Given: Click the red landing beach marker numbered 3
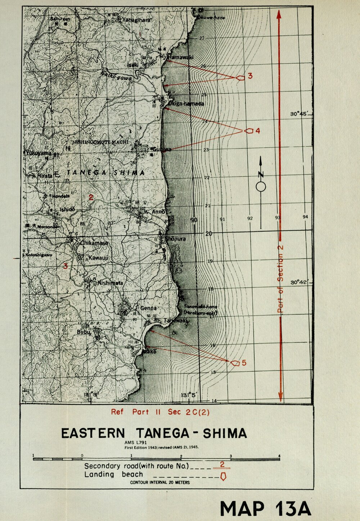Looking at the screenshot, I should coord(240,77).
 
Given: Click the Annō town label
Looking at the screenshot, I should coord(158,211).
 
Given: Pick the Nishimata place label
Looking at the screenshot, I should coord(110,283).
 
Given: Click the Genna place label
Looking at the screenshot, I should coord(148,308).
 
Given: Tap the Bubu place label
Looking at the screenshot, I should coord(83,332).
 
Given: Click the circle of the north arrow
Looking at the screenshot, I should coord(261,187).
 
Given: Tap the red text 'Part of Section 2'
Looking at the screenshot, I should coord(280,279).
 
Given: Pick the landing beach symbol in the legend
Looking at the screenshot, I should coord(223,476).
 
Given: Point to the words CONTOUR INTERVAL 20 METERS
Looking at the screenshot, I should coord(160,482).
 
